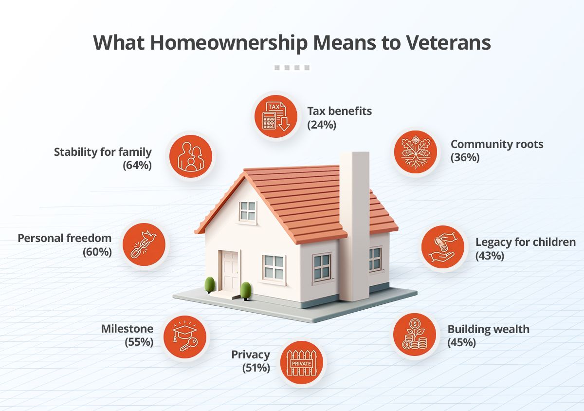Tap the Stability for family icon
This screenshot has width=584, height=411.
coord(191,156)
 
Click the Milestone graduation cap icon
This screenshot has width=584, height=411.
coord(184,336)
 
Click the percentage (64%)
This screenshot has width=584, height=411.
coord(138,166)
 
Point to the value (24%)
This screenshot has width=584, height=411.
coord(322,125)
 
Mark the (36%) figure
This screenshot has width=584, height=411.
coord(465,158)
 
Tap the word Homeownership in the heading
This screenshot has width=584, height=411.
coord(228,43)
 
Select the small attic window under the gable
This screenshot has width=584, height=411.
coord(248,211)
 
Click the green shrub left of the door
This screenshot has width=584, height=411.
coord(210,284)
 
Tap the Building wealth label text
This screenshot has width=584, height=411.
coord(488,329)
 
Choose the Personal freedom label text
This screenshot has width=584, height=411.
coord(65,239)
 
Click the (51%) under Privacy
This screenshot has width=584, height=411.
coord(256,368)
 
